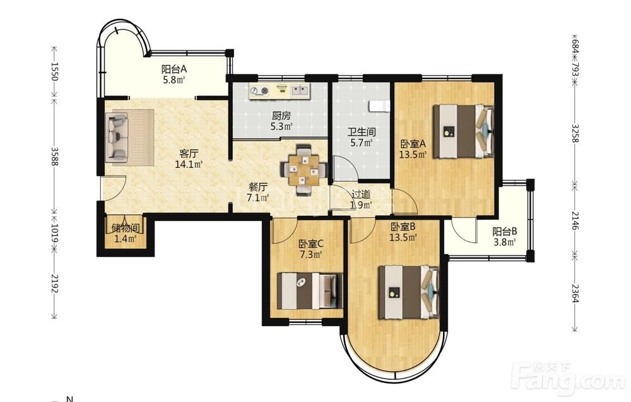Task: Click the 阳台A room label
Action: (x=174, y=69)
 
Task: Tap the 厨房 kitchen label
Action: (x=281, y=116)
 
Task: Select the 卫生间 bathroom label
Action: (x=362, y=132)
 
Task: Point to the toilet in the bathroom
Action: (x=380, y=106)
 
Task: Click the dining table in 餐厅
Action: (x=304, y=170)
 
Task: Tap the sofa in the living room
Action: (x=117, y=137)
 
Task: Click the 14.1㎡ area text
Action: (x=189, y=164)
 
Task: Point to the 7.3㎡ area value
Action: (x=311, y=254)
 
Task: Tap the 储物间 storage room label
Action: (x=125, y=229)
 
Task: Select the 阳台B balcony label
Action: (x=505, y=232)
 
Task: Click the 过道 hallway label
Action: (x=361, y=195)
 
